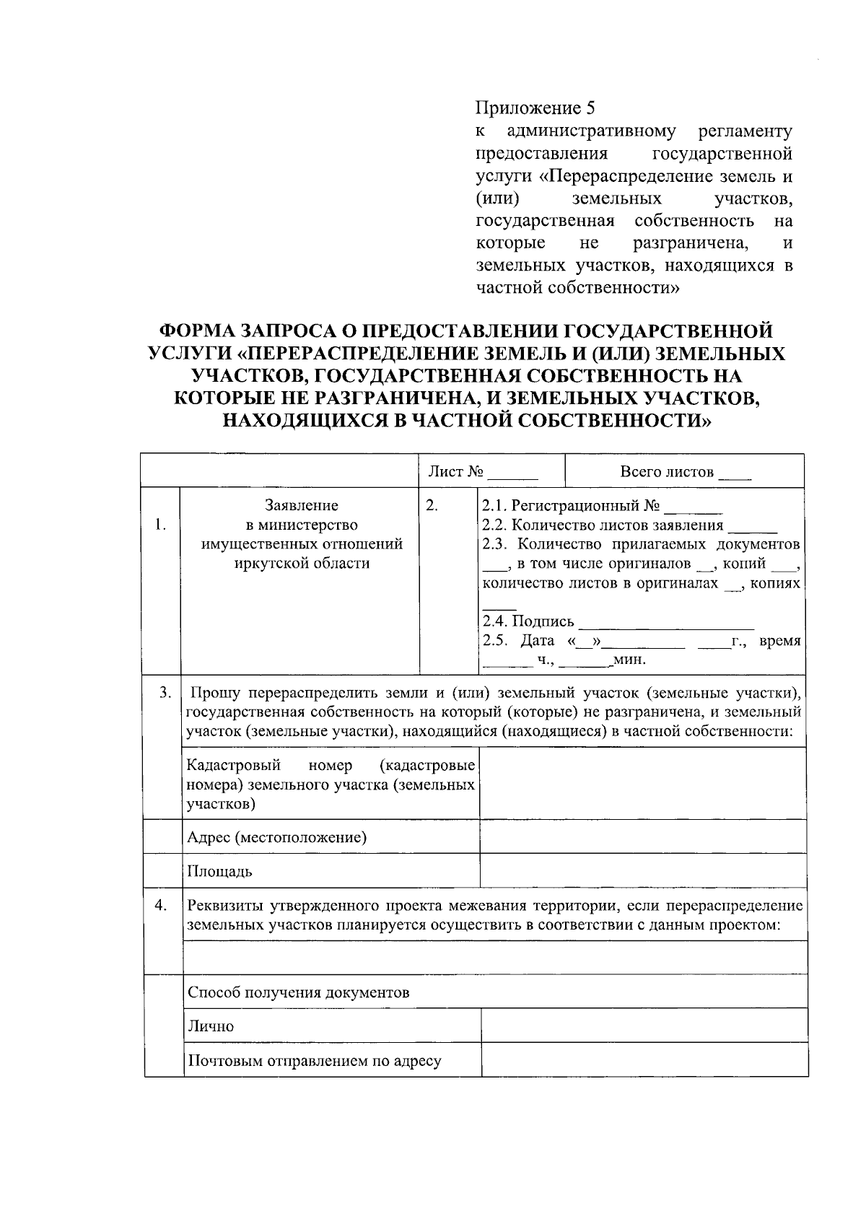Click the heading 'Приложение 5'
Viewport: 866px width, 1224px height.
point(535,108)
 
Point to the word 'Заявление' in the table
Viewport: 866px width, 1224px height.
point(301,505)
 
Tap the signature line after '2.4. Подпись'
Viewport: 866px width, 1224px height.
point(665,623)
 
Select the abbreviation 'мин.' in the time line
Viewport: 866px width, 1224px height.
point(629,660)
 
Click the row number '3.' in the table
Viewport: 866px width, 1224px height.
point(165,693)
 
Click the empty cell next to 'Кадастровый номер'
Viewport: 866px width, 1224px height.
point(642,783)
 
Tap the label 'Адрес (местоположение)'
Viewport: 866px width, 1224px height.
point(276,837)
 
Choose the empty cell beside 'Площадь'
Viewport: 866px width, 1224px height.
point(642,871)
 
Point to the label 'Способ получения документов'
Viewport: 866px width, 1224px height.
point(298,992)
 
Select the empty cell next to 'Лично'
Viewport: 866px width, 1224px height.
point(644,1026)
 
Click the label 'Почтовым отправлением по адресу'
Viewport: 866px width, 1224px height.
point(314,1061)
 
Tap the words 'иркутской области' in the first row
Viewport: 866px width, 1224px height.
point(302,564)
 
